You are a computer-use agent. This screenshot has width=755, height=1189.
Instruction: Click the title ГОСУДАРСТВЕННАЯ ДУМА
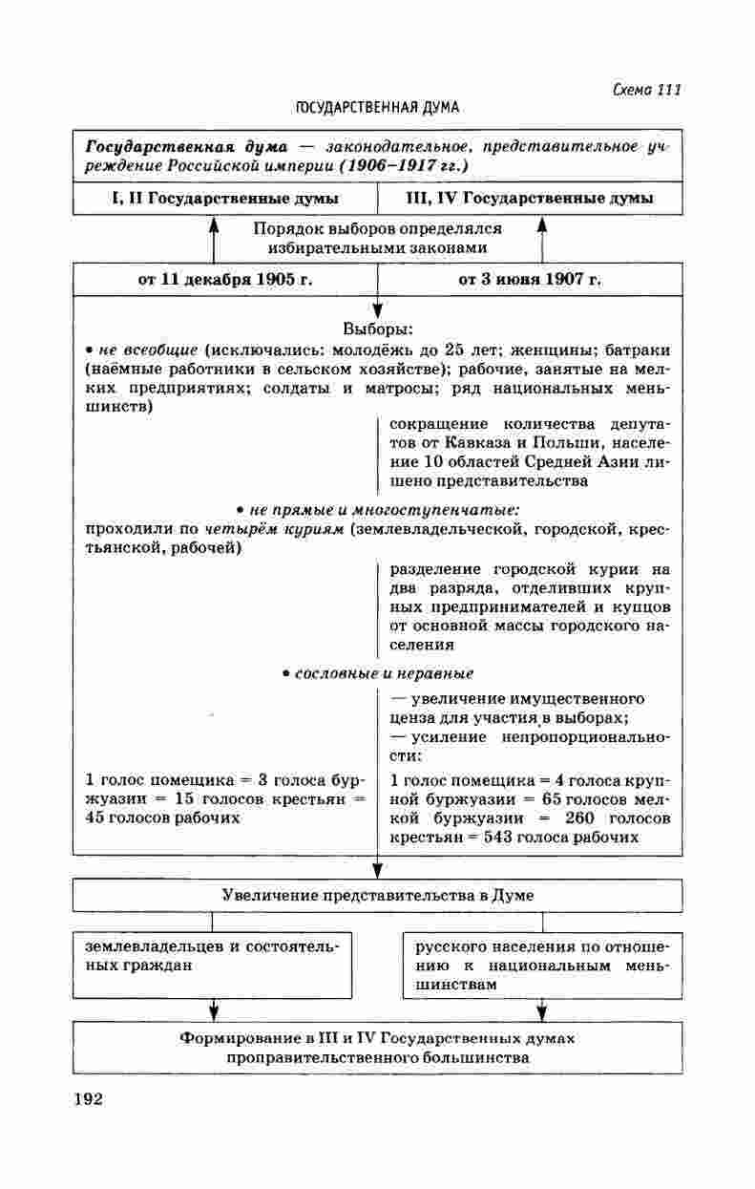[378, 108]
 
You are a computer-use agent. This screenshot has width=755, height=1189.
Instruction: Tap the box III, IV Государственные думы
[530, 199]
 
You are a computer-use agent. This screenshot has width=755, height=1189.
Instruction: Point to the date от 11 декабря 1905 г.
[226, 280]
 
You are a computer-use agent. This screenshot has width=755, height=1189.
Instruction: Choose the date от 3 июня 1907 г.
[530, 280]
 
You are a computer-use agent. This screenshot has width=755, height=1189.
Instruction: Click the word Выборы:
[378, 329]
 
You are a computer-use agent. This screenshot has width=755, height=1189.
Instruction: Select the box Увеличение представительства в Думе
[378, 895]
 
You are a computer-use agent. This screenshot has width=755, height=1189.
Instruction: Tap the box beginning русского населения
[542, 965]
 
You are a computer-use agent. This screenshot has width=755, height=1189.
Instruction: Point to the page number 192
[87, 1099]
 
